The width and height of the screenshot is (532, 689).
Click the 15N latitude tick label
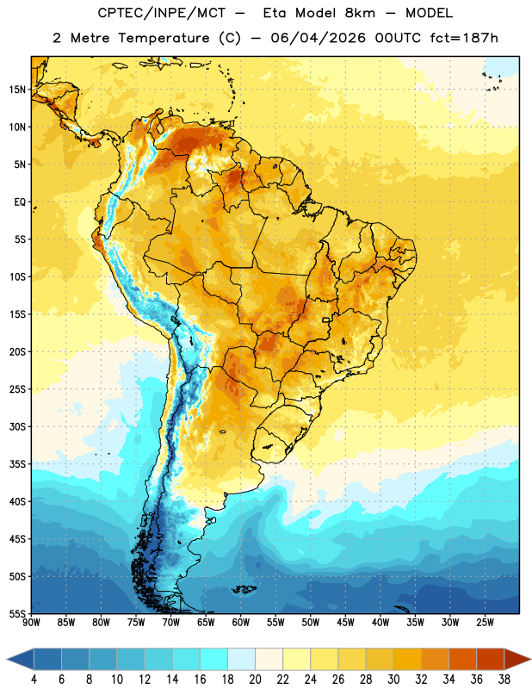click(17, 90)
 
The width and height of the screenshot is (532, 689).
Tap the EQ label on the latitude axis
click(20, 202)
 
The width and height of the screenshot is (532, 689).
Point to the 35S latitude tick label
click(17, 464)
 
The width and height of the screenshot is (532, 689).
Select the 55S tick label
click(17, 613)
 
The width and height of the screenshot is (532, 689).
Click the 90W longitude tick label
click(31, 623)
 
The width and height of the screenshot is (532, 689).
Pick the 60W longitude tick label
click(241, 623)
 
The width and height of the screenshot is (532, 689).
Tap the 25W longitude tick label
click(485, 623)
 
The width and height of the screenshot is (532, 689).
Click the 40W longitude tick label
click(380, 623)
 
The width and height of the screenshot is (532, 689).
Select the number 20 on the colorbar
click(255, 680)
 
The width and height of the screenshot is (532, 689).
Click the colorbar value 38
click(504, 680)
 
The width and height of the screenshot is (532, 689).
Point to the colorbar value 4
click(34, 680)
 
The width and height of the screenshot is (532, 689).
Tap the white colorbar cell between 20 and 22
click(269, 659)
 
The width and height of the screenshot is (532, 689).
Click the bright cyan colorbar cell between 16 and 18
click(213, 659)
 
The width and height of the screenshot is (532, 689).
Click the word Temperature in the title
click(164, 38)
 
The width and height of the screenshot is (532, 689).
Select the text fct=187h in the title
click(464, 38)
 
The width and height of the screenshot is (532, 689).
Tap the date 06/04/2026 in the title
click(318, 38)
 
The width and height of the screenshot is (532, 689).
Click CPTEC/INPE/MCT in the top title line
click(162, 13)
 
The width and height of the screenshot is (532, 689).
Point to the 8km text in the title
click(360, 13)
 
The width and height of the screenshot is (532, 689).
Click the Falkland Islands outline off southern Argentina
click(244, 589)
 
